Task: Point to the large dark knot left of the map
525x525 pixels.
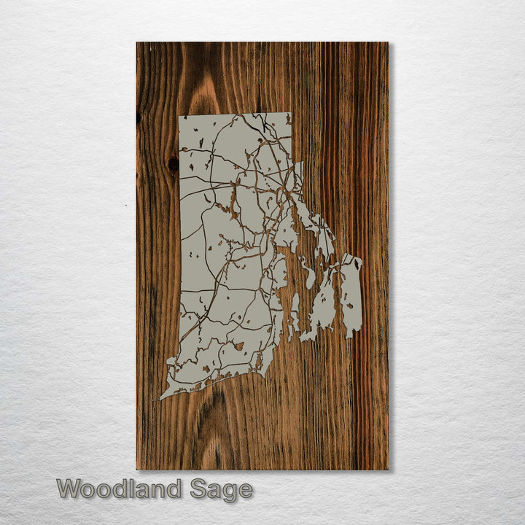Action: click(173, 165)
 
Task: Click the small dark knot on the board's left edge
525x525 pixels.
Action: click(139, 117)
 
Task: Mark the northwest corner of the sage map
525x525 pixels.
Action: click(180, 115)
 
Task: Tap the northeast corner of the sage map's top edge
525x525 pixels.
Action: click(290, 114)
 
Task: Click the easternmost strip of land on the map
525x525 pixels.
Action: click(352, 292)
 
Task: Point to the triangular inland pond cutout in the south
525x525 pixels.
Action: click(239, 346)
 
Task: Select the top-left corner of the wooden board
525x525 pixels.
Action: click(137, 42)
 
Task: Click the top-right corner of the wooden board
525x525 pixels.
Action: click(388, 42)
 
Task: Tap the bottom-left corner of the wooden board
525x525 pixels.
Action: click(137, 469)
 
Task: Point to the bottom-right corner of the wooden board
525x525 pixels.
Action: click(388, 469)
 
